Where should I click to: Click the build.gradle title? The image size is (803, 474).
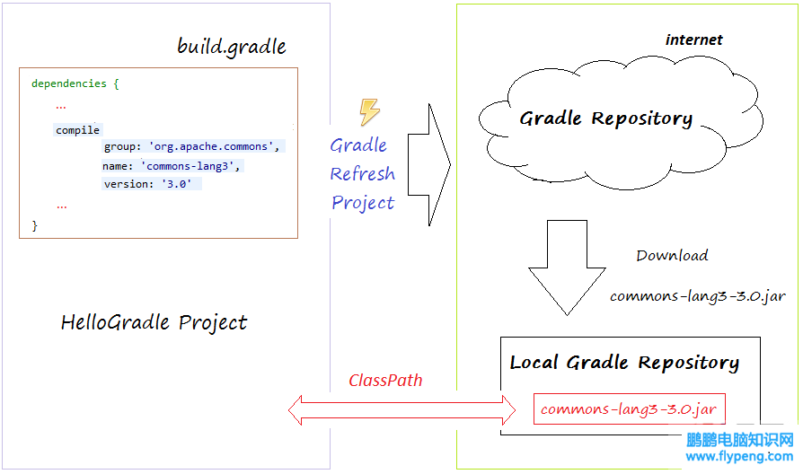click(232, 47)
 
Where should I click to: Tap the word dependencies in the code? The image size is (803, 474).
click(68, 83)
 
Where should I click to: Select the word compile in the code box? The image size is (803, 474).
click(77, 130)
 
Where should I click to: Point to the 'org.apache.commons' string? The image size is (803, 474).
click(211, 146)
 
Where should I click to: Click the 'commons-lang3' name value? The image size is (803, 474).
click(188, 166)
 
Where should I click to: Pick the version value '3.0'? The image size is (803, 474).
click(176, 184)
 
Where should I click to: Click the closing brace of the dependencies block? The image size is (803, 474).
click(34, 225)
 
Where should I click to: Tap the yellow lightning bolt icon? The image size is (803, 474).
click(369, 111)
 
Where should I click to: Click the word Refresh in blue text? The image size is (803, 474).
click(362, 173)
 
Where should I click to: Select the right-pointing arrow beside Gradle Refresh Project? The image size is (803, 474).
click(429, 165)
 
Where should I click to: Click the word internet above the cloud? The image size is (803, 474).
click(694, 39)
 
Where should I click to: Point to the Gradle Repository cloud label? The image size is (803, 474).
click(605, 118)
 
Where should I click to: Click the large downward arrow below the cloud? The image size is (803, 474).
click(567, 268)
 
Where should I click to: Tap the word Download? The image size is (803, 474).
click(672, 255)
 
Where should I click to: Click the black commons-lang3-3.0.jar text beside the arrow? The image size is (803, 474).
click(698, 296)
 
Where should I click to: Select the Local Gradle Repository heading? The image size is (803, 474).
click(624, 363)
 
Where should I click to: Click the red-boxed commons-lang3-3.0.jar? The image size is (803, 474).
click(630, 409)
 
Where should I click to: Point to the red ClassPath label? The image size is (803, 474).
click(385, 381)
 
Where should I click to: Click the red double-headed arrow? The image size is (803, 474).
click(402, 410)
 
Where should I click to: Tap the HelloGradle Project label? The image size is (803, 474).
click(154, 322)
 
